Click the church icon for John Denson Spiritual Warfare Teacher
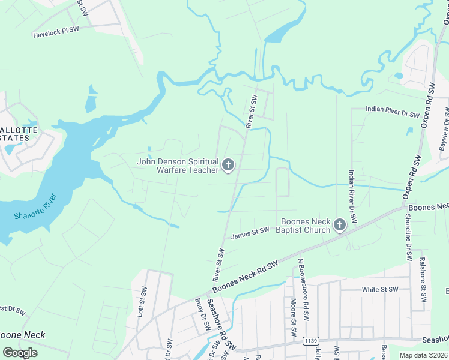pyautogui.click(x=228, y=164)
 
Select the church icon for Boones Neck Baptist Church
pyautogui.click(x=339, y=225)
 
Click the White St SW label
pyautogui.click(x=380, y=290)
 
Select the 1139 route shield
pyautogui.click(x=310, y=341)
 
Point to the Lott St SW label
pyautogui.click(x=142, y=302)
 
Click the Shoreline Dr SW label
pyautogui.click(x=409, y=238)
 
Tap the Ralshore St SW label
pyautogui.click(x=423, y=280)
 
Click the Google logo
pyautogui.click(x=19, y=353)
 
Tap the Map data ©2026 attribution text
pyautogui.click(x=423, y=355)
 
